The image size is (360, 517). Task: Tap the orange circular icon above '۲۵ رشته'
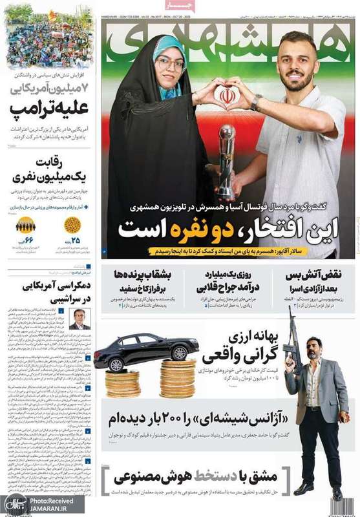(73, 225)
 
